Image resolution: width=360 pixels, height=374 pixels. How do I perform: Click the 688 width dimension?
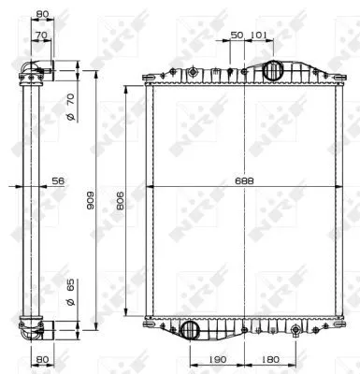244,180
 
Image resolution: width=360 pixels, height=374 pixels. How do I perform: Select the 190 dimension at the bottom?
216,357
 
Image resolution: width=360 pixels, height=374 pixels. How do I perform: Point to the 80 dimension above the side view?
42,14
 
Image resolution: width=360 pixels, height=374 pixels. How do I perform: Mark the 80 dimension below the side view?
42,357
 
